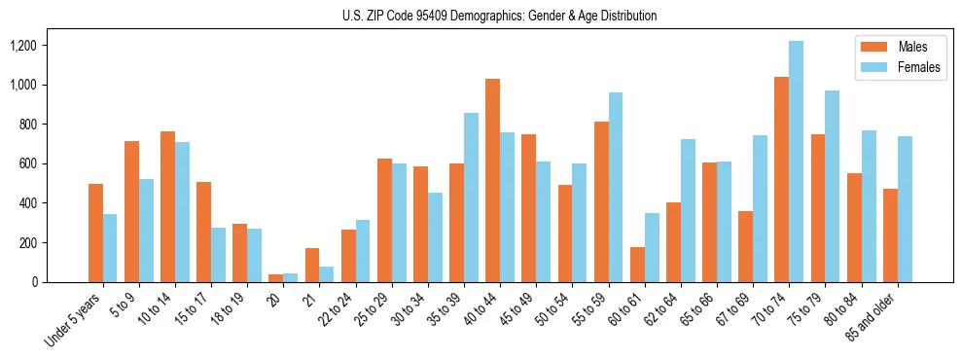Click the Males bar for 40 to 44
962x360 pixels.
[492, 180]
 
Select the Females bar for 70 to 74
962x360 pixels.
[796, 162]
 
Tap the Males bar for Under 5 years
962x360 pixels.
[95, 233]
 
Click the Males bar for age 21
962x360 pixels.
[312, 265]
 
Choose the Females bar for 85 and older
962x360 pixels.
[905, 209]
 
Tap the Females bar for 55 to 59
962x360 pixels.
[616, 187]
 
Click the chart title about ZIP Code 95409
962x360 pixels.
[500, 16]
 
